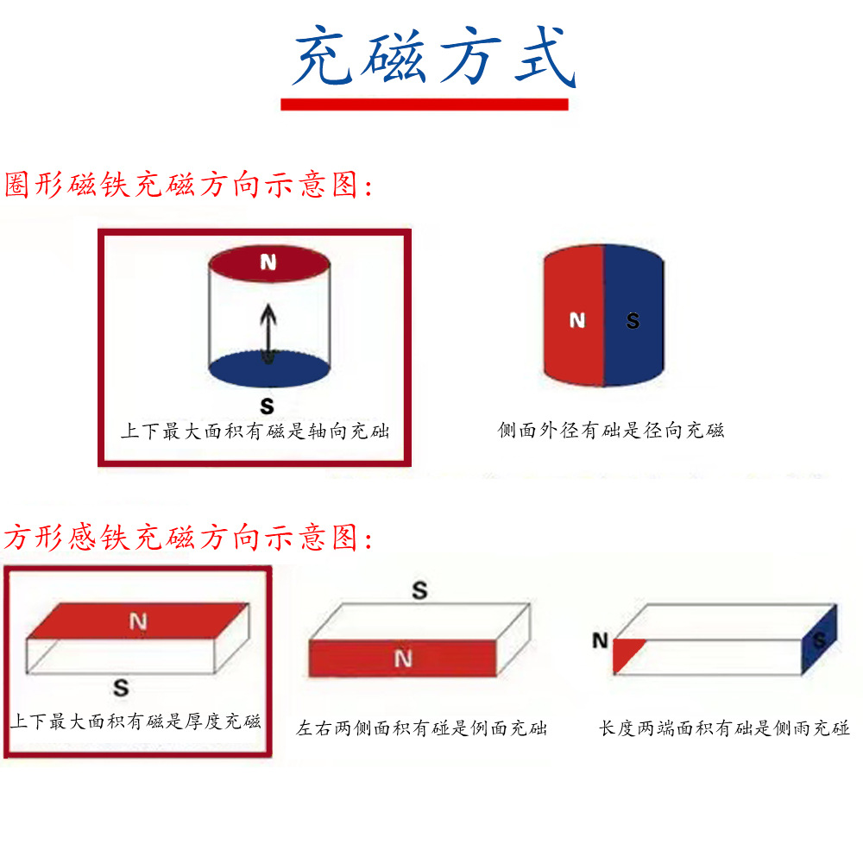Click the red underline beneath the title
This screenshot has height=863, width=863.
pyautogui.click(x=425, y=104)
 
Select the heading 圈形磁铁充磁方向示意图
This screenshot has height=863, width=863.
pyautogui.click(x=189, y=185)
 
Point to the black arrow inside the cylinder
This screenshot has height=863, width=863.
pyautogui.click(x=269, y=334)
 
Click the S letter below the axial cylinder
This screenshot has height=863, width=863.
pyautogui.click(x=268, y=406)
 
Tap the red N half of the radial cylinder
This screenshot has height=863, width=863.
pyautogui.click(x=574, y=320)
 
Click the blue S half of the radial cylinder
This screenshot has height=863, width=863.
pyautogui.click(x=634, y=320)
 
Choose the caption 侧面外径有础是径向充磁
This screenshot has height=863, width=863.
pyautogui.click(x=611, y=430)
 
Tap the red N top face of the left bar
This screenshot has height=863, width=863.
pyautogui.click(x=138, y=620)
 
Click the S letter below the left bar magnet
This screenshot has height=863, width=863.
pyautogui.click(x=122, y=688)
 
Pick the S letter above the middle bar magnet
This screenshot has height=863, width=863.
pyautogui.click(x=419, y=591)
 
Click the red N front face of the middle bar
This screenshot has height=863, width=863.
pyautogui.click(x=402, y=659)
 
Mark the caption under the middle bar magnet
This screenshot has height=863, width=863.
pyautogui.click(x=422, y=728)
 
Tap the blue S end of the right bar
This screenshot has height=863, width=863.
pyautogui.click(x=819, y=639)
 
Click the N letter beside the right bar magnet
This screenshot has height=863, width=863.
pyautogui.click(x=601, y=640)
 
